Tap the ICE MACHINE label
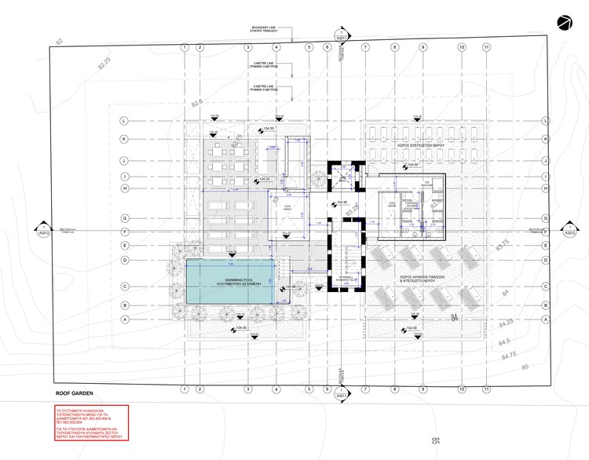click(x=429, y=183)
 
